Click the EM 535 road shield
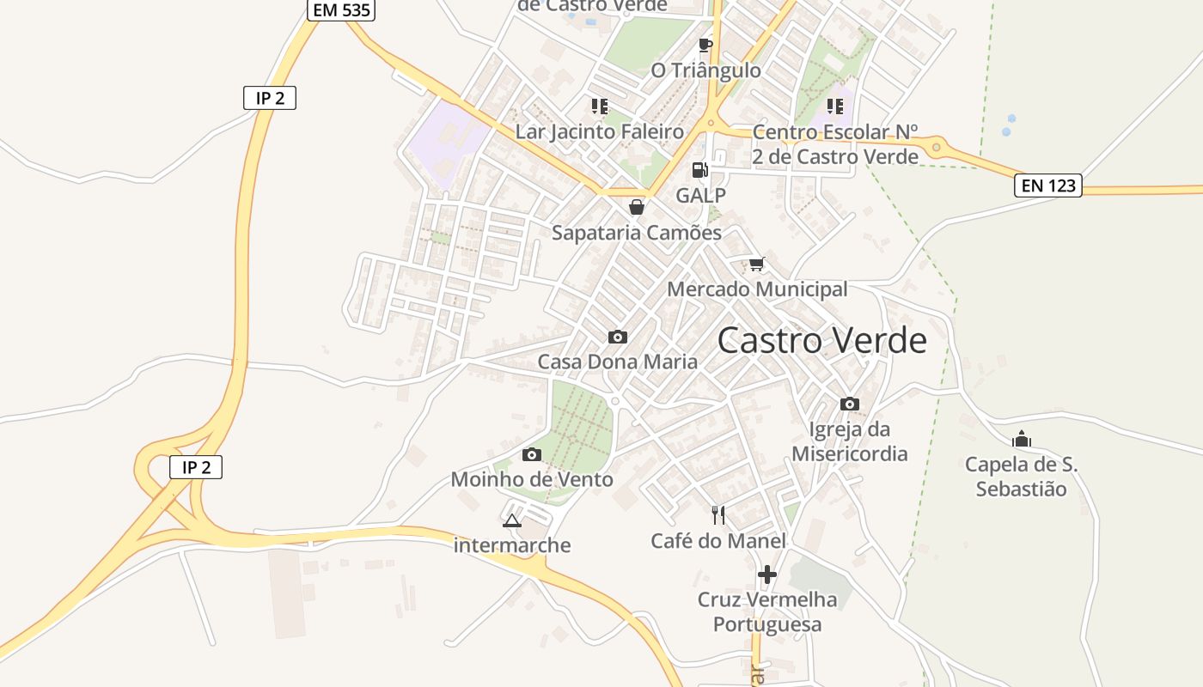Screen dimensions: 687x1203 pos(341,9)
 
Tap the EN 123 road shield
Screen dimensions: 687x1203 pos(1047,185)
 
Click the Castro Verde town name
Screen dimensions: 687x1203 pos(822,341)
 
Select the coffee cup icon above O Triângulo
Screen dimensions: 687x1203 pos(705,46)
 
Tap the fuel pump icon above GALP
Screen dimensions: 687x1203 pos(700,170)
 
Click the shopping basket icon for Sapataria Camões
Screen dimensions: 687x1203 pos(637,207)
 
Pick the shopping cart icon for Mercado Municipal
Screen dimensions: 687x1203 pos(756,264)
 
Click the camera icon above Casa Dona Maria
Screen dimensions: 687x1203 pos(617,337)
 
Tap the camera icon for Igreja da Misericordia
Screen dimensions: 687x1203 pos(850,404)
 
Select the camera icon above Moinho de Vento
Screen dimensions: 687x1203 pos(532,454)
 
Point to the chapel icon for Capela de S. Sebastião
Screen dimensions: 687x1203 pos(1021,440)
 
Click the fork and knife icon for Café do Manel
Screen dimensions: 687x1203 pos(718,515)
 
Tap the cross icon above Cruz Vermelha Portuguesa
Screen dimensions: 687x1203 pos(767,574)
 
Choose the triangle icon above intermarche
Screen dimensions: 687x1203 pos(512,520)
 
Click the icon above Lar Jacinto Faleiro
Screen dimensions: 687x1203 pos(599,106)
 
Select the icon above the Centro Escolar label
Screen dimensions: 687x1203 pos(835,106)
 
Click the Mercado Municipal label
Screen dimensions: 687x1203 pos(757,289)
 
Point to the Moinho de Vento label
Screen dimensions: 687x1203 pos(532,479)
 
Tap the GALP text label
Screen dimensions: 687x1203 pos(700,195)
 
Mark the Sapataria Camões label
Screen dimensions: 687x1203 pos(637,233)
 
